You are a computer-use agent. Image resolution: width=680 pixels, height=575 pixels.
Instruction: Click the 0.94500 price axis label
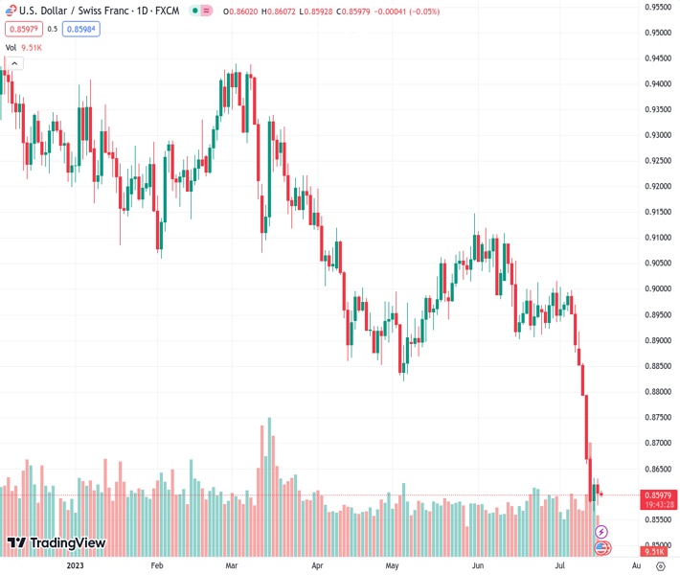pos(656,57)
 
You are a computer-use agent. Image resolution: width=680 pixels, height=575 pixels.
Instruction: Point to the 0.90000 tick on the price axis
pos(656,288)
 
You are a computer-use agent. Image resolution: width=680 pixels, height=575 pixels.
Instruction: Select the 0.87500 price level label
pos(656,417)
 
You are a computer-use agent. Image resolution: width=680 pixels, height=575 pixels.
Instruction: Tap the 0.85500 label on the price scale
pos(656,520)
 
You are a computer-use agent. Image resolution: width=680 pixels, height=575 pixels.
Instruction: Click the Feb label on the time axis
pos(158,565)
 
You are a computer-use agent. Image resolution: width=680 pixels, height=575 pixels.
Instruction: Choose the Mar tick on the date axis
pos(231,565)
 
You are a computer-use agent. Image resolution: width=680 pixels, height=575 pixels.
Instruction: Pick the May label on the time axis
pos(392,565)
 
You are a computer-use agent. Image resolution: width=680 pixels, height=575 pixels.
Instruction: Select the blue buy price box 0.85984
pos(81,29)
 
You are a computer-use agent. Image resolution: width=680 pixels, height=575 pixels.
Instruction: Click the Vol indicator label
pos(11,47)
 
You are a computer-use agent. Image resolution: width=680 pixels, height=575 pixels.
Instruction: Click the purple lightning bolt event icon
pos(601,531)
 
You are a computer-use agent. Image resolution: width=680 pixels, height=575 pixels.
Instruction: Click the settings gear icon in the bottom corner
pos(660,565)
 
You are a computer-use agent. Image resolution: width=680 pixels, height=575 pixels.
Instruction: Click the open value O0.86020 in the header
pos(245,11)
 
